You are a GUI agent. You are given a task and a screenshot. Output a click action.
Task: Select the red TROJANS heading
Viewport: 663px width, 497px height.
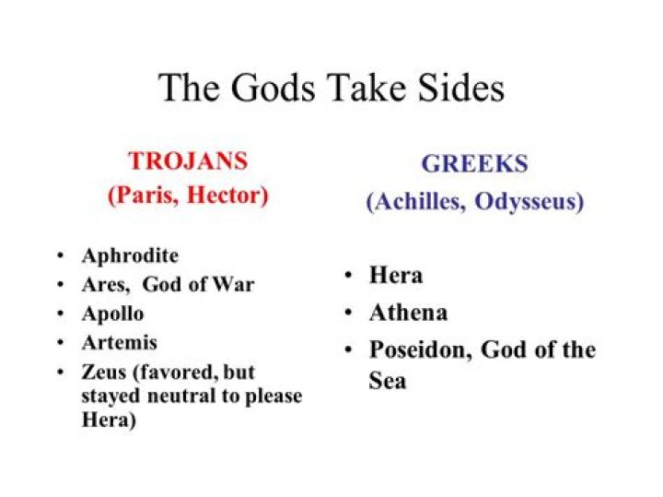[x=188, y=161]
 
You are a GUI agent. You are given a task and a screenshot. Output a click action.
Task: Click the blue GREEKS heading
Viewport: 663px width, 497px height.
[x=474, y=164]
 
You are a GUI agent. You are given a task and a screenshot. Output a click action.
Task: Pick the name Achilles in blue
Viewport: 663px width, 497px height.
[x=417, y=202]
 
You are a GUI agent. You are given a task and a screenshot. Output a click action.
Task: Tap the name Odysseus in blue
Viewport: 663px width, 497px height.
[x=529, y=202]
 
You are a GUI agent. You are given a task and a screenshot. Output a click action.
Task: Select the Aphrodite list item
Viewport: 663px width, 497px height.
[x=130, y=255]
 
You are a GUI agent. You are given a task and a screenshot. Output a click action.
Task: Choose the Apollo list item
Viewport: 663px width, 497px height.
[x=112, y=314]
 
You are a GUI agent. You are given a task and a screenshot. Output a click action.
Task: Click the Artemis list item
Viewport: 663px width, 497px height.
[x=119, y=342]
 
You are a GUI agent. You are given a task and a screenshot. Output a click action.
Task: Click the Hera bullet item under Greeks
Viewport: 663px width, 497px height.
[x=396, y=275]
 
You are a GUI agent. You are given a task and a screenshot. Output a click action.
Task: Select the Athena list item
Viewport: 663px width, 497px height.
[x=408, y=313]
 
